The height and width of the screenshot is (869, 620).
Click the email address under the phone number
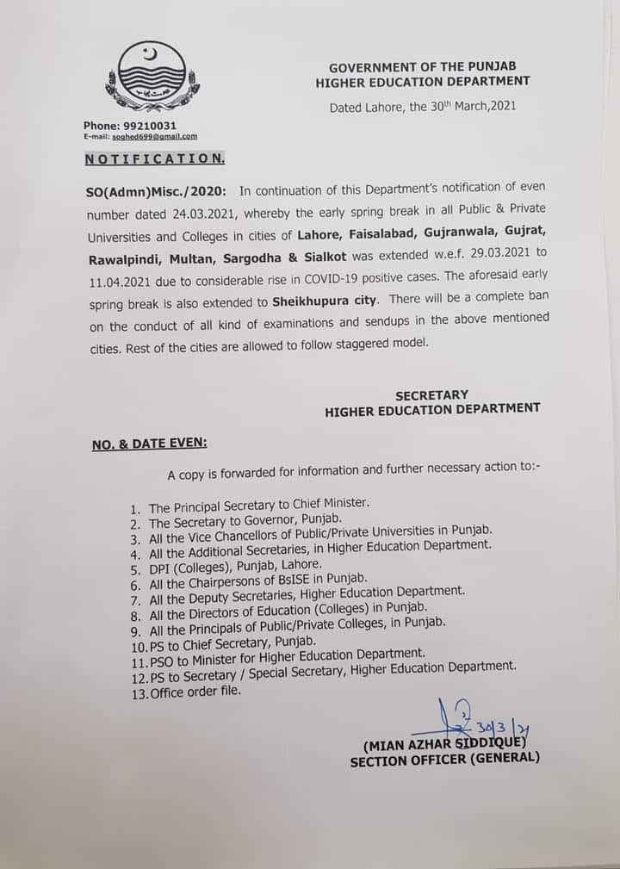coord(140,136)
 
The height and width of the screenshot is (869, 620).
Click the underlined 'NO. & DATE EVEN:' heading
coord(149,444)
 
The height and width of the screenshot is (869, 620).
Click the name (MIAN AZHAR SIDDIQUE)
coord(449,744)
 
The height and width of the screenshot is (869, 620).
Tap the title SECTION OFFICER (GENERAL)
coord(444,760)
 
